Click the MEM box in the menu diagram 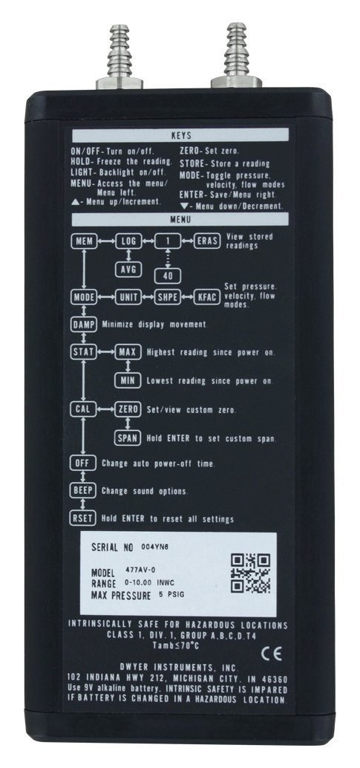[x=83, y=241]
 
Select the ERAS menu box [x=206, y=241]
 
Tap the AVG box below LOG [x=128, y=268]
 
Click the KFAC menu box [x=206, y=297]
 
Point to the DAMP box [x=83, y=325]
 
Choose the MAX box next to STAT [x=128, y=351]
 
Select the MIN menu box [x=128, y=380]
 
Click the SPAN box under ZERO [x=128, y=437]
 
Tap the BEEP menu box [x=83, y=490]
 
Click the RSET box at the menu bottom [x=83, y=518]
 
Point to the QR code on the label [x=250, y=573]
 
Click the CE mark [x=271, y=655]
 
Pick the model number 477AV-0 [x=139, y=571]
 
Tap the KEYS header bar [x=180, y=135]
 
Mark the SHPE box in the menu [x=168, y=297]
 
